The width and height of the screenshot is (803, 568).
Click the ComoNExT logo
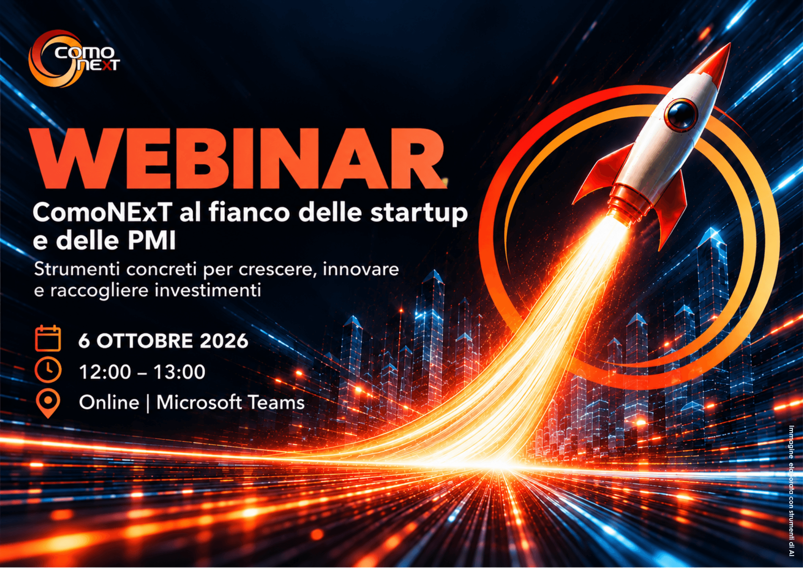(x=74, y=59)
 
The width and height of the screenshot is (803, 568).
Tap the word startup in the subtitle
(x=419, y=213)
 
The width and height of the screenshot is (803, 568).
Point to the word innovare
(x=361, y=269)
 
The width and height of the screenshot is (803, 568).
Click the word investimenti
(x=208, y=290)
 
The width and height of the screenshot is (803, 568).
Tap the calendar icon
(x=48, y=339)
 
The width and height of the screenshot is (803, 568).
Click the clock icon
(x=48, y=370)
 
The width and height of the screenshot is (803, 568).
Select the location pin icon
(x=48, y=404)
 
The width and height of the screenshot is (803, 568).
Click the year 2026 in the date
(x=224, y=341)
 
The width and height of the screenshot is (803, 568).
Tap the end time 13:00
(x=179, y=372)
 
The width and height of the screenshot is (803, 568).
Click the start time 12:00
(x=105, y=372)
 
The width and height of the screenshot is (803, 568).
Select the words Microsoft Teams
(x=230, y=403)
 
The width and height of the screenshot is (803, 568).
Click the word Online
(x=109, y=403)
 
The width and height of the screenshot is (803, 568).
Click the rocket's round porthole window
(x=681, y=114)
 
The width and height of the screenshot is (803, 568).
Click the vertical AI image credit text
(x=791, y=490)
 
